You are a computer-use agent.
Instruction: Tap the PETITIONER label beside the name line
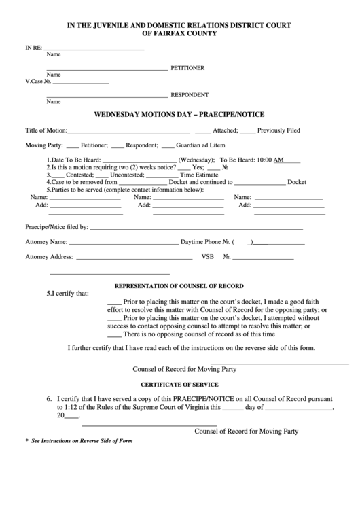(x=187, y=69)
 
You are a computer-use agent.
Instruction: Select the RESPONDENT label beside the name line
(x=190, y=95)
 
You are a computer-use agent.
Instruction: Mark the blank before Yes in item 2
(x=184, y=167)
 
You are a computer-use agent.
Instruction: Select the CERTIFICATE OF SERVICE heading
(x=179, y=384)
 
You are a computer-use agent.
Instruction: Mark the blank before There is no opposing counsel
(x=114, y=334)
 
